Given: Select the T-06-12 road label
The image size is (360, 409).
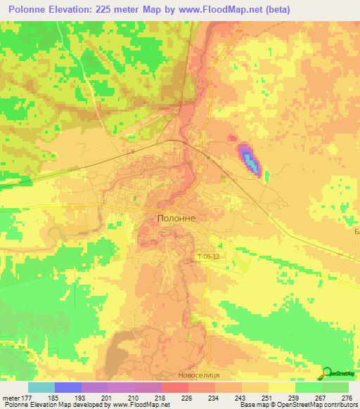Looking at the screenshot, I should click(x=209, y=257).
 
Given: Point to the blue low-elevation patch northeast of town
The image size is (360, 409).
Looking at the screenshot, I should click(x=250, y=160).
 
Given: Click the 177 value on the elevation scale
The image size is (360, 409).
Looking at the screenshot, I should click(x=27, y=397).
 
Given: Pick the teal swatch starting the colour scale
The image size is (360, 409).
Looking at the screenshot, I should click(x=41, y=387).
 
